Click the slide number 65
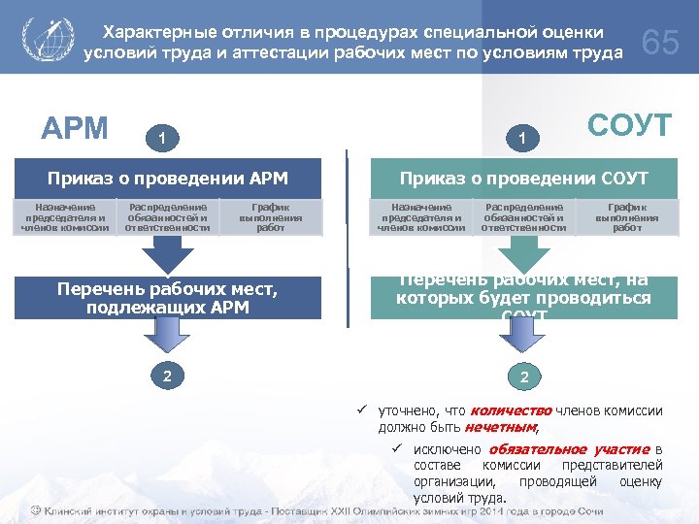tap(661, 43)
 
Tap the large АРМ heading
tap(74, 128)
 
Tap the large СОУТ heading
tap(629, 125)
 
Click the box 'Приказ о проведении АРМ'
tap(168, 179)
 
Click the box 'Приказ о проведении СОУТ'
tap(525, 179)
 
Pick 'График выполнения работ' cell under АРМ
tap(271, 217)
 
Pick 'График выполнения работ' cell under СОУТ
tap(627, 217)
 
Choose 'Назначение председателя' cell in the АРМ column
tap(65, 217)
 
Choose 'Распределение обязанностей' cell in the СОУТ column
tap(523, 217)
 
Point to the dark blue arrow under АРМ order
tap(167, 255)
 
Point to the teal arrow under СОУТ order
tap(524, 255)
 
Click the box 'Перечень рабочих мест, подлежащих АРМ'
tap(168, 299)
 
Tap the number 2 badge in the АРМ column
tap(168, 375)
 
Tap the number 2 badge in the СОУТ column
tap(525, 375)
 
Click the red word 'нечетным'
tap(501, 427)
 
